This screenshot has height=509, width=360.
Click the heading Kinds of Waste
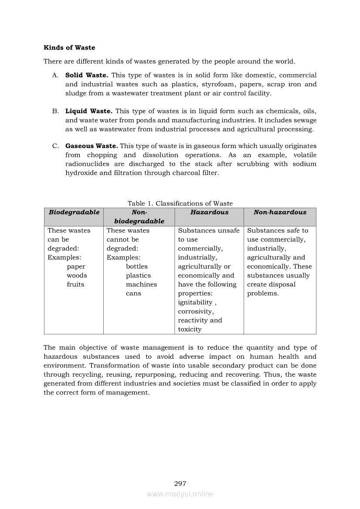click(69, 47)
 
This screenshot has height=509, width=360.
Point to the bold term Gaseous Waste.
click(91, 146)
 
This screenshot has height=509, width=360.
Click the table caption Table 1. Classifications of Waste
click(180, 203)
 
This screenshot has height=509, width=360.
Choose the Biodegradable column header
click(74, 212)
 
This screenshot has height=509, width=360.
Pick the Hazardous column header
click(209, 212)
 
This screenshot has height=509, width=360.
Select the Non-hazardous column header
click(280, 212)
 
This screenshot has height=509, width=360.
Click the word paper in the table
click(76, 266)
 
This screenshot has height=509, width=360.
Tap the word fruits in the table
click(75, 284)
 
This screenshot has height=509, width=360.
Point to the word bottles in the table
click(137, 266)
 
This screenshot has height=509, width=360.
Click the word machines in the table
click(141, 284)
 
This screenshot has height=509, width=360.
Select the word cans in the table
click(133, 293)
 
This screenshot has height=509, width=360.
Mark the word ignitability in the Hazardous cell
click(195, 303)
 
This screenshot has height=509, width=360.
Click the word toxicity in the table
click(190, 330)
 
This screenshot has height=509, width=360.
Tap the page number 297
click(180, 484)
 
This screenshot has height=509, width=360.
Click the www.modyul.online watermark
click(180, 494)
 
